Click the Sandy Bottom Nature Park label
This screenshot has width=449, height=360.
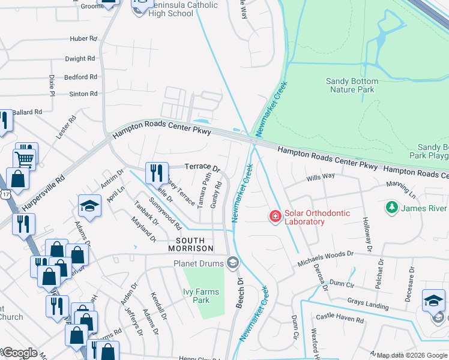pyautogui.click(x=352, y=85)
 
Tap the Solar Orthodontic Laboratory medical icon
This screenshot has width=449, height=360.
pyautogui.click(x=275, y=215)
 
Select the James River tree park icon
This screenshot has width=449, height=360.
pyautogui.click(x=392, y=208)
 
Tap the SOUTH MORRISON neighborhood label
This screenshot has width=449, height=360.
pyautogui.click(x=190, y=244)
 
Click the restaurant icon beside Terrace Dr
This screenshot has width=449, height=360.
pyautogui.click(x=156, y=173)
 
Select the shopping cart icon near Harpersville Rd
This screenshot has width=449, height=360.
pyautogui.click(x=25, y=159)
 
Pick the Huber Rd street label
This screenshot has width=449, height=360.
pyautogui.click(x=83, y=38)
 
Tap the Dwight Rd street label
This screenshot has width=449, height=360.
pyautogui.click(x=80, y=59)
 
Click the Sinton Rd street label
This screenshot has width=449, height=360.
pyautogui.click(x=83, y=94)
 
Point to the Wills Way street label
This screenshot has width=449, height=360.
pyautogui.click(x=320, y=176)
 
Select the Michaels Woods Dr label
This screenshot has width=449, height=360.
pyautogui.click(x=330, y=259)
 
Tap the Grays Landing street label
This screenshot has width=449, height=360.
pyautogui.click(x=367, y=304)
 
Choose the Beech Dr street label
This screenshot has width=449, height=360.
pyautogui.click(x=240, y=293)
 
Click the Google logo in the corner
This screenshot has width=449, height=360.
pyautogui.click(x=19, y=353)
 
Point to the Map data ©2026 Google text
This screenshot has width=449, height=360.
pyautogui.click(x=412, y=355)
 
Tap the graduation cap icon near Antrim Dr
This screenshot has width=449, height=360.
pyautogui.click(x=89, y=206)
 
